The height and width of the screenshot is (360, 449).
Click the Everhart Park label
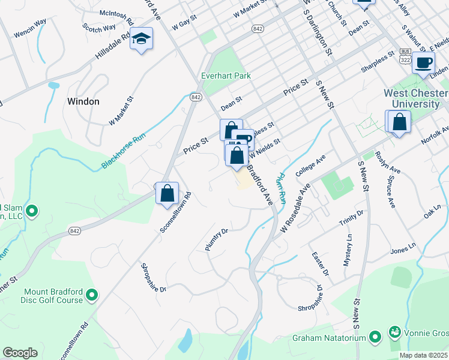(226, 76)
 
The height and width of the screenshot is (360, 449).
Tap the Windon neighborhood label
(83, 101)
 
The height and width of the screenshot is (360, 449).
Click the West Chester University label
(416, 98)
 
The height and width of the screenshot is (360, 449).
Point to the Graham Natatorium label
(330, 337)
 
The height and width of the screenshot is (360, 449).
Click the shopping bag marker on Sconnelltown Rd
(167, 194)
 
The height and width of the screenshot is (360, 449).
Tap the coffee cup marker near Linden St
(424, 62)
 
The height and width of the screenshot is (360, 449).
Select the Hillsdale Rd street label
(113, 47)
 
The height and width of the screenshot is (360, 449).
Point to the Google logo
(20, 353)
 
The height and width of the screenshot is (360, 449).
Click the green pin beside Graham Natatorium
(375, 337)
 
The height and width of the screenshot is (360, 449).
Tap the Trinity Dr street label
(351, 218)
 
